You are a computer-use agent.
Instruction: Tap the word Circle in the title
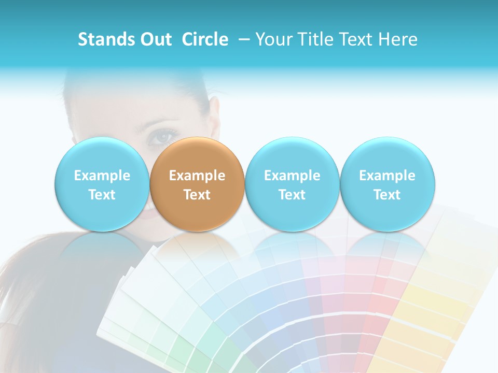205,39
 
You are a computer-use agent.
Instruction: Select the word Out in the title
155,39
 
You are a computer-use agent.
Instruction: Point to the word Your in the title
274,39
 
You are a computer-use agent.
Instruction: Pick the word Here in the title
398,39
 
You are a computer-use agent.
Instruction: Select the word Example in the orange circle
197,176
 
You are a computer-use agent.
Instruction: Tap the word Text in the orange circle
197,195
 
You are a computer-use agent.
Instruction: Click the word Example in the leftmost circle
102,176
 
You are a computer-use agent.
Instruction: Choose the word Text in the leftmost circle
102,195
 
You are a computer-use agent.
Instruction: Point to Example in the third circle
292,176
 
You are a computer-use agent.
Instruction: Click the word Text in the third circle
292,195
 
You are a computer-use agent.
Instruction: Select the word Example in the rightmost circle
387,176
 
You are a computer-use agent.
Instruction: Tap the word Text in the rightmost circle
387,195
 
